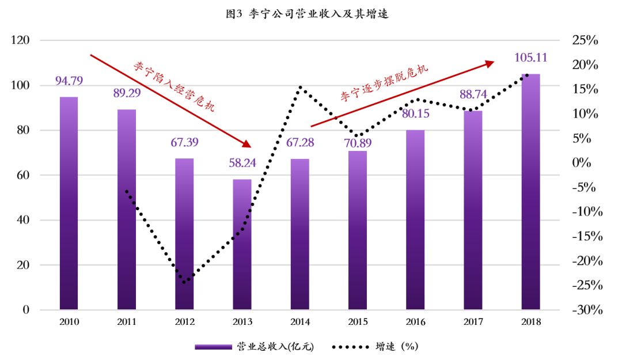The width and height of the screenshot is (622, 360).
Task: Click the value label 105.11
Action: (x=530, y=58)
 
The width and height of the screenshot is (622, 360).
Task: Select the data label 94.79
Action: (x=69, y=81)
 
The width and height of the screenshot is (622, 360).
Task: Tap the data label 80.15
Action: (x=415, y=113)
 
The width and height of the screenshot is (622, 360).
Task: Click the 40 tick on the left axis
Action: (x=22, y=220)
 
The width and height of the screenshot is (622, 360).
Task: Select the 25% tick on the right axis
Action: (x=585, y=40)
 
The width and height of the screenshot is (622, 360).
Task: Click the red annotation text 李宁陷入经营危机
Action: (x=173, y=86)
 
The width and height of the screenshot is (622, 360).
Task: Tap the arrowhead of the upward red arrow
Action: (x=490, y=63)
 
